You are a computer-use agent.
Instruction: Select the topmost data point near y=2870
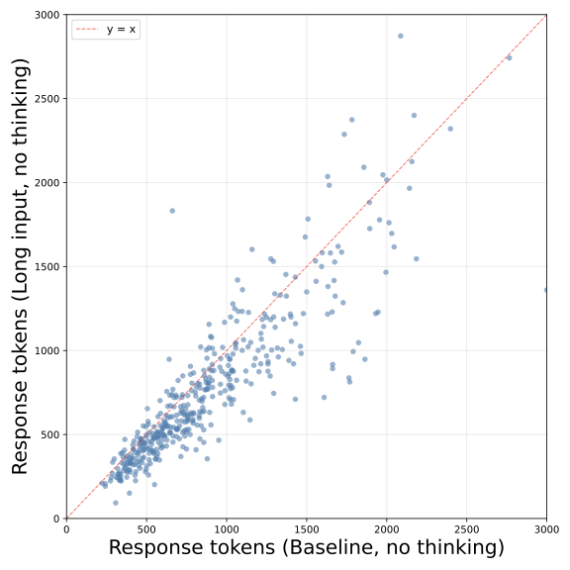point(401,36)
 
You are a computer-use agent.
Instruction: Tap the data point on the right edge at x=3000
point(546,290)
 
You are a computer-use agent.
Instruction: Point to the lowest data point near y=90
point(116,503)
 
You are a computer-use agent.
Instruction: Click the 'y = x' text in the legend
point(122,30)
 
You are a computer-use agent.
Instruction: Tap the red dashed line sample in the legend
point(88,30)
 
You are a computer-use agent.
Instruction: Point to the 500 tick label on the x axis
point(146,529)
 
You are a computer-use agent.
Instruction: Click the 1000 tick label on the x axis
point(227,529)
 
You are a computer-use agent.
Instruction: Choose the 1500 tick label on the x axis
point(307,529)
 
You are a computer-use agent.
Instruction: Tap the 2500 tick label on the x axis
point(466,529)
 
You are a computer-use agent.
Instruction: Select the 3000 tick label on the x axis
point(546,529)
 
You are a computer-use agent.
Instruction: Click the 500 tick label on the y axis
point(47,434)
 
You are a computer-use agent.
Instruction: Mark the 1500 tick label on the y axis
point(45,267)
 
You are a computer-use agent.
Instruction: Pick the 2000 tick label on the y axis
point(45,183)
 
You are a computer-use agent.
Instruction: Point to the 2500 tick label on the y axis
point(45,99)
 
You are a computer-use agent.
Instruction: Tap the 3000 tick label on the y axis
point(45,16)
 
